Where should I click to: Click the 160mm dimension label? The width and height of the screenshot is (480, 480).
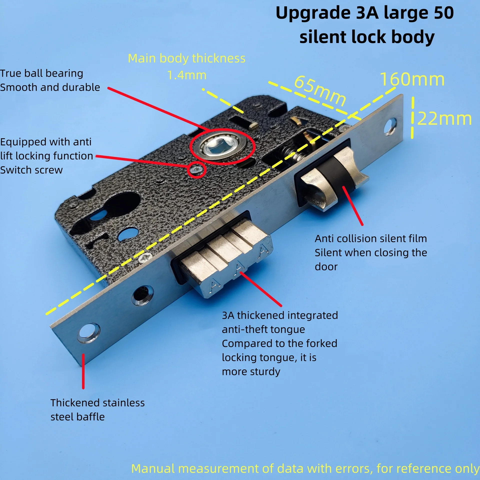click(412, 79)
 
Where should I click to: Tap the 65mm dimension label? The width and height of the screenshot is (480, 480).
click(320, 91)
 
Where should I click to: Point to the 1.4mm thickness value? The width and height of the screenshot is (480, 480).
click(187, 75)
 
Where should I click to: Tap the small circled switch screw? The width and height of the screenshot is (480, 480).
click(196, 170)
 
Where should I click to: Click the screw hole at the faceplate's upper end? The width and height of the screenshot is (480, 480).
click(390, 127)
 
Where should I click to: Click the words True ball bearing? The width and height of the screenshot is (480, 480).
click(41, 73)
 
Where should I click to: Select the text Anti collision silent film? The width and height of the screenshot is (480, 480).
click(370, 239)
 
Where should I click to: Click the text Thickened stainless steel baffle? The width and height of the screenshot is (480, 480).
click(97, 410)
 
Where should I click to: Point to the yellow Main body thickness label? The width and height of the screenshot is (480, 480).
click(186, 58)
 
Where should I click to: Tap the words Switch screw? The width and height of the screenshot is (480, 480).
click(31, 170)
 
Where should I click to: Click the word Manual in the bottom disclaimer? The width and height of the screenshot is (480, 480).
click(153, 468)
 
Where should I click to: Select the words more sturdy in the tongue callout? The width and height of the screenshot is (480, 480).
click(251, 372)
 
